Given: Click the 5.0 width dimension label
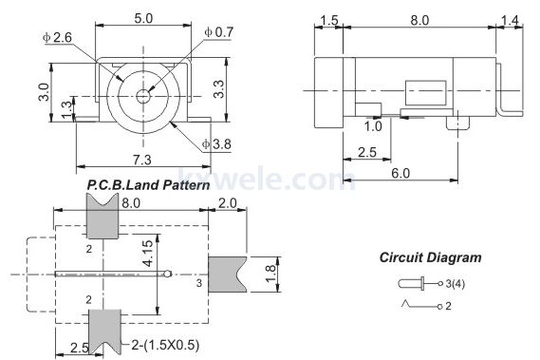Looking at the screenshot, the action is click(x=143, y=18).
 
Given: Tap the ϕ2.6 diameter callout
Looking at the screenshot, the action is click(x=57, y=37).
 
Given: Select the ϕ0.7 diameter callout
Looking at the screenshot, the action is click(x=218, y=32).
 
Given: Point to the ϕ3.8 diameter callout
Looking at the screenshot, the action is click(x=216, y=143).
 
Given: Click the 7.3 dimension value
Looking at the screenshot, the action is click(x=142, y=160).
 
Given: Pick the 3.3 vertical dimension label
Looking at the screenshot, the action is click(x=218, y=89).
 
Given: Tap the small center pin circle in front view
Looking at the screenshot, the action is click(x=143, y=96).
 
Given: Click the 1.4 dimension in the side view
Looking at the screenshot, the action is click(x=510, y=20).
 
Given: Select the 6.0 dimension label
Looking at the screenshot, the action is click(x=400, y=173).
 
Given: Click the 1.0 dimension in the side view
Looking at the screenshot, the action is click(x=373, y=126).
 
